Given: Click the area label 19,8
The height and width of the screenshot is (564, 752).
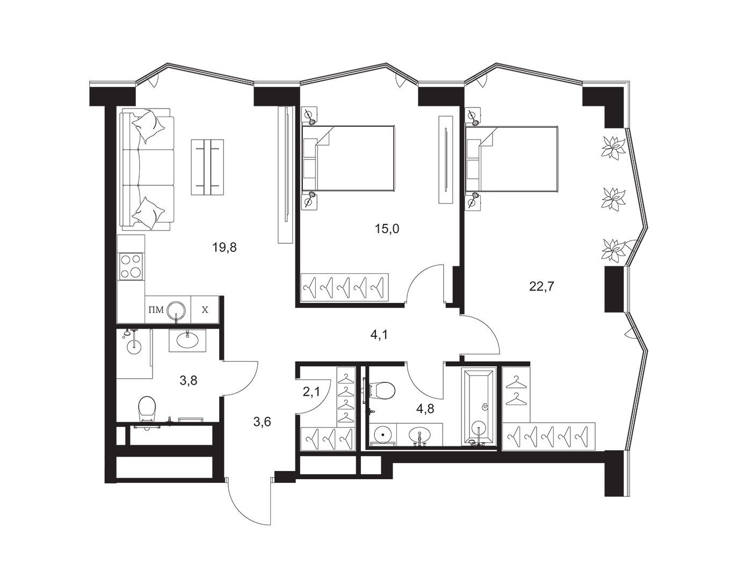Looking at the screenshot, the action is [225, 247].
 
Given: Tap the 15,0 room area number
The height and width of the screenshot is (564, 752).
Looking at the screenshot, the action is [387, 228].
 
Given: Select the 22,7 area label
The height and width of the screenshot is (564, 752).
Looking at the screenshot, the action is [541, 286].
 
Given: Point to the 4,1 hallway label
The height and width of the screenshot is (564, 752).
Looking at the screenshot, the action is [379, 335].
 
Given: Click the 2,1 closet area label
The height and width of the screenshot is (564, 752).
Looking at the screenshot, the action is [311, 392].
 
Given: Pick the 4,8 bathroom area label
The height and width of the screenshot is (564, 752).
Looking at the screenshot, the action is [425, 408].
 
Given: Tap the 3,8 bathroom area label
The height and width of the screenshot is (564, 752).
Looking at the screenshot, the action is [189, 380].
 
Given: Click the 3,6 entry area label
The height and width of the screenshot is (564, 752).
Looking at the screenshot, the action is [262, 422].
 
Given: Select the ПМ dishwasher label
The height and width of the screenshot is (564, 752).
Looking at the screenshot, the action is [156, 310].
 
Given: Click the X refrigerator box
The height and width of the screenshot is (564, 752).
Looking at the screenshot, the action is [205, 309].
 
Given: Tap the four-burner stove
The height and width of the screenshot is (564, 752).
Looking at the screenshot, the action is [131, 266].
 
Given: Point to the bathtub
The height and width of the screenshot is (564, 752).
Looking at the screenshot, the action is [478, 408].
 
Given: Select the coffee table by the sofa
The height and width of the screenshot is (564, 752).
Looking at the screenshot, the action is [207, 168].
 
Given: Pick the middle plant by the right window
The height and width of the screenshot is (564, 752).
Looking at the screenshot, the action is [613, 198].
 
